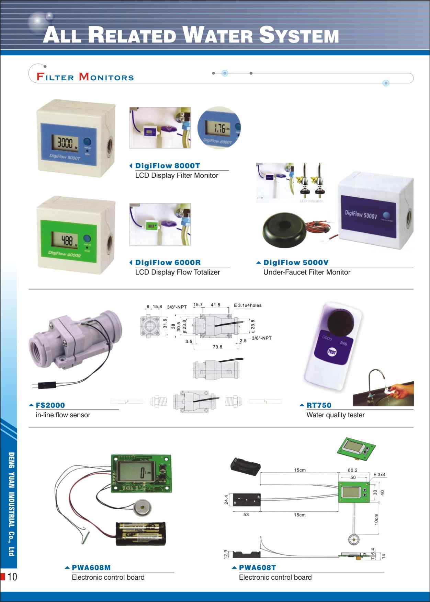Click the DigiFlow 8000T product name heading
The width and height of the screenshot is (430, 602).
point(167,166)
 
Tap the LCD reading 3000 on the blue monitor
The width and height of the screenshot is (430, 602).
point(65,142)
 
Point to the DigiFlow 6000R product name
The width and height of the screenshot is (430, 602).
point(168,263)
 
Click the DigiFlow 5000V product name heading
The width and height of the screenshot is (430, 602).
point(296,263)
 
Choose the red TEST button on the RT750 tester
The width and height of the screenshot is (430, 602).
point(332,352)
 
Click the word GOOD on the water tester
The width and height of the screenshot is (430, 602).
point(327,338)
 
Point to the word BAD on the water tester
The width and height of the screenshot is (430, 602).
point(343,343)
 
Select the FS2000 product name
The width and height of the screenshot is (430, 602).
point(50,405)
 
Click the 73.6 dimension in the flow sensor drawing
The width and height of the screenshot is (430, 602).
point(217,347)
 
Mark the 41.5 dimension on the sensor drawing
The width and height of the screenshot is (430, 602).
point(215,305)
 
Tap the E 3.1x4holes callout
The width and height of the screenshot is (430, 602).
point(248,305)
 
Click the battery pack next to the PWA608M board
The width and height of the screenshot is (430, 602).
point(141,533)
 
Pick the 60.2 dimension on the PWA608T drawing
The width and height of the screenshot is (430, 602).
point(352,470)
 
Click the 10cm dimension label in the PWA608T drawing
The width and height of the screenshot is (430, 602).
point(376,519)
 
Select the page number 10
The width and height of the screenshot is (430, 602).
point(12,577)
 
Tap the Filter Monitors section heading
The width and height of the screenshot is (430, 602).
point(85,77)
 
